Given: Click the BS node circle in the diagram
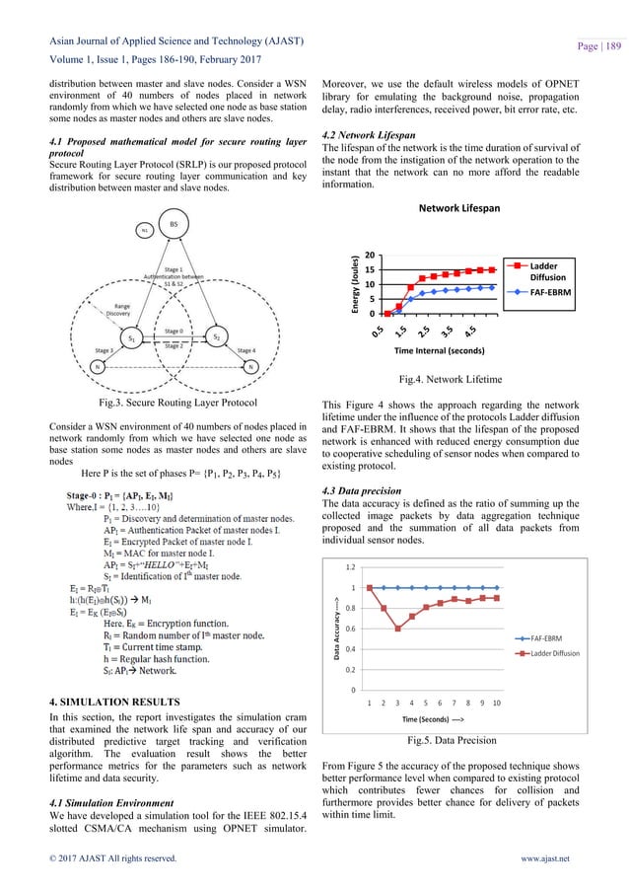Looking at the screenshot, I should click(173, 225).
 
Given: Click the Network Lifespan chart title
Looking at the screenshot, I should click(459, 209).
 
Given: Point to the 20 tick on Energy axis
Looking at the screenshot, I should click(369, 254).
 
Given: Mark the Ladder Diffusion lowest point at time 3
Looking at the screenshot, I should click(398, 629).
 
